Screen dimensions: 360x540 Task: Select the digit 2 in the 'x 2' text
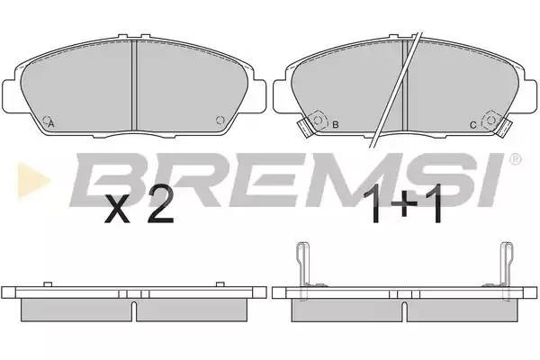click(x=159, y=210)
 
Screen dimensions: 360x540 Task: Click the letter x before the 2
click(x=119, y=214)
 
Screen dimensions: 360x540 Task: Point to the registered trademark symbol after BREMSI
click(x=515, y=160)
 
